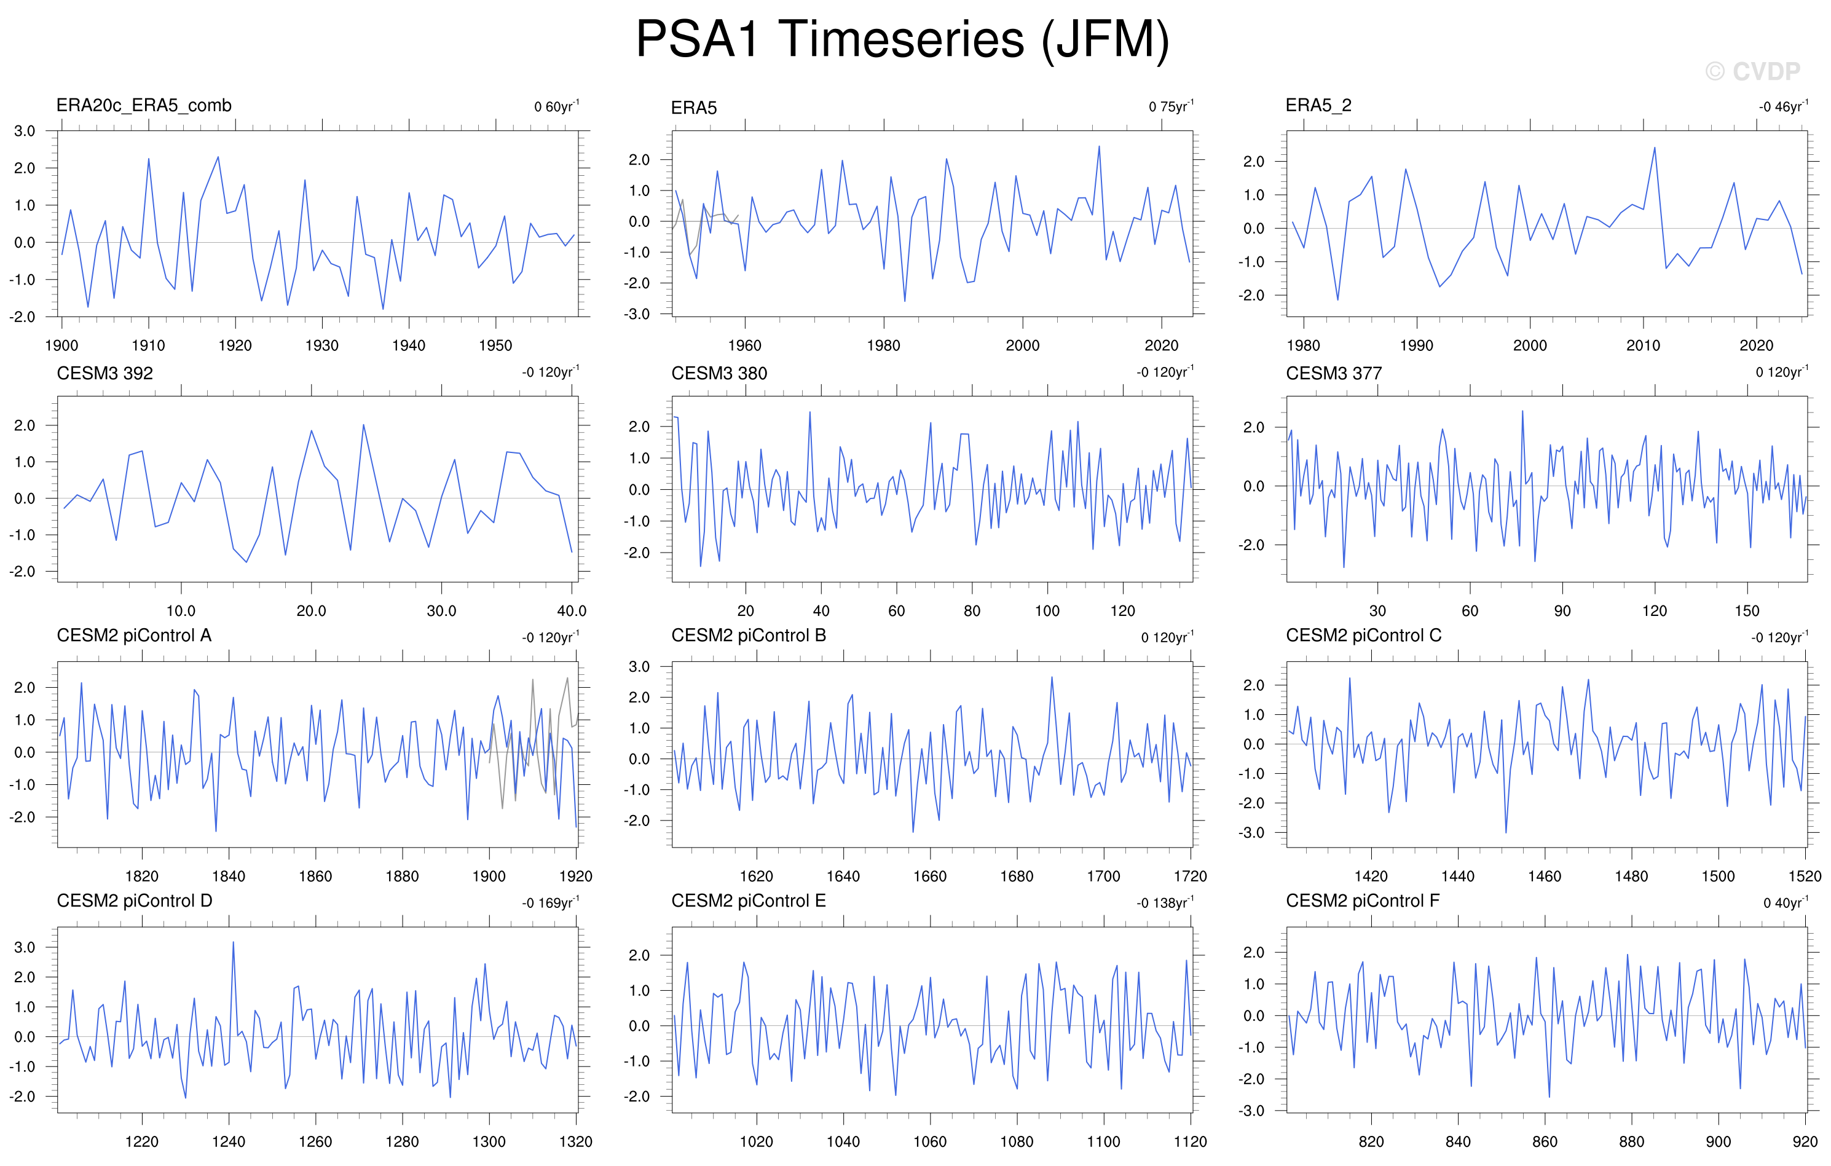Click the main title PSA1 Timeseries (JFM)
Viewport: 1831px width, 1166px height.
pyautogui.click(x=902, y=39)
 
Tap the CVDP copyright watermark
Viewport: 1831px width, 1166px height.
pyautogui.click(x=1753, y=71)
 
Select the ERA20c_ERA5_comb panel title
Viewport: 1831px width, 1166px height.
pyautogui.click(x=144, y=106)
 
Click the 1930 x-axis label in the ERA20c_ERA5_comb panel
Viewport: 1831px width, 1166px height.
pyautogui.click(x=321, y=345)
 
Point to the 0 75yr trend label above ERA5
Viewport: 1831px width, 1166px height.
pyautogui.click(x=1171, y=106)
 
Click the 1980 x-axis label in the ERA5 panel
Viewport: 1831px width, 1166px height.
pyautogui.click(x=884, y=345)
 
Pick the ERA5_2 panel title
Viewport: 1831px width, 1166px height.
pyautogui.click(x=1318, y=106)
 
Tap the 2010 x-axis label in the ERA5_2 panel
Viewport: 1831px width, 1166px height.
pyautogui.click(x=1643, y=345)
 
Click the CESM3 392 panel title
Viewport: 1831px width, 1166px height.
pyautogui.click(x=105, y=374)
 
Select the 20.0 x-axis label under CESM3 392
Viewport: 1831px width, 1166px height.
pyautogui.click(x=311, y=611)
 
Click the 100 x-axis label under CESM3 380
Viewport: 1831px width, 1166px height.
pyautogui.click(x=1047, y=611)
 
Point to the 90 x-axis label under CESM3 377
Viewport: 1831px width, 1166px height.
pyautogui.click(x=1562, y=611)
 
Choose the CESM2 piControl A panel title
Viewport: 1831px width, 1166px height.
pyautogui.click(x=134, y=636)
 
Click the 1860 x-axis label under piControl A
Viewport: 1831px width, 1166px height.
pyautogui.click(x=315, y=876)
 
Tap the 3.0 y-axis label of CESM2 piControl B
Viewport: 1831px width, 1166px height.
pyautogui.click(x=639, y=667)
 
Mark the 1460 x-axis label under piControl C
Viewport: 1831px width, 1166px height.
pyautogui.click(x=1545, y=876)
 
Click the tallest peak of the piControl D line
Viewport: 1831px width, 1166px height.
pyautogui.click(x=233, y=942)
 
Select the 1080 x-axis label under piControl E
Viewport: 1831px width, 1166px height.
pyautogui.click(x=1017, y=1141)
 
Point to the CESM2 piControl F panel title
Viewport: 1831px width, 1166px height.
pyautogui.click(x=1363, y=901)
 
